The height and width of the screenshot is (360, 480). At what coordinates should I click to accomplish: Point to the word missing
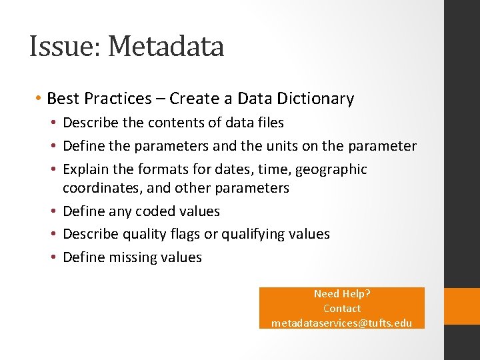(x=133, y=257)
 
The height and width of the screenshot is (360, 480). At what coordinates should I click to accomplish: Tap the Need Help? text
(x=341, y=294)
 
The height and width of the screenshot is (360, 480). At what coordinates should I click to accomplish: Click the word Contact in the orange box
(x=341, y=309)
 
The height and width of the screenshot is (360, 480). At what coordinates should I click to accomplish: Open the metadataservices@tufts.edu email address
(x=341, y=323)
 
